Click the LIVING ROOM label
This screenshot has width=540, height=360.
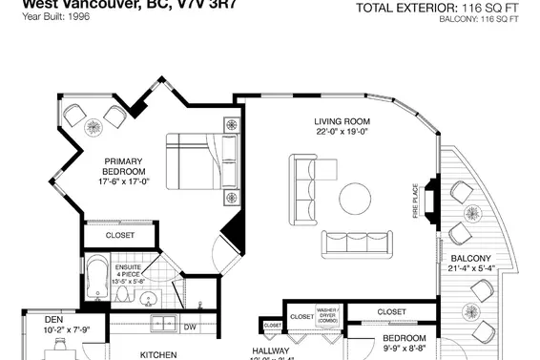pyautogui.click(x=343, y=121)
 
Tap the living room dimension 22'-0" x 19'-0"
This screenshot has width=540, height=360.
pyautogui.click(x=343, y=133)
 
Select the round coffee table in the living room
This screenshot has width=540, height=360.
pyautogui.click(x=356, y=199)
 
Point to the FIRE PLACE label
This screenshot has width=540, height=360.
pyautogui.click(x=415, y=201)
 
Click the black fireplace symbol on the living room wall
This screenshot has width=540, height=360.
pyautogui.click(x=430, y=199)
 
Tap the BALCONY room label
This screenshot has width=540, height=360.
pyautogui.click(x=470, y=259)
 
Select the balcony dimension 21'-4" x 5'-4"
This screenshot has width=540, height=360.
pyautogui.click(x=470, y=270)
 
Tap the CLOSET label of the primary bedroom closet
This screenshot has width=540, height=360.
pyautogui.click(x=119, y=234)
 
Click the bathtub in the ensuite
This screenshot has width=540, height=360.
pyautogui.click(x=94, y=282)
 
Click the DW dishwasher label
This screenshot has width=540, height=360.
pyautogui.click(x=189, y=327)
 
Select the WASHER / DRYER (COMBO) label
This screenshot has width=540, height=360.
pyautogui.click(x=330, y=314)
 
